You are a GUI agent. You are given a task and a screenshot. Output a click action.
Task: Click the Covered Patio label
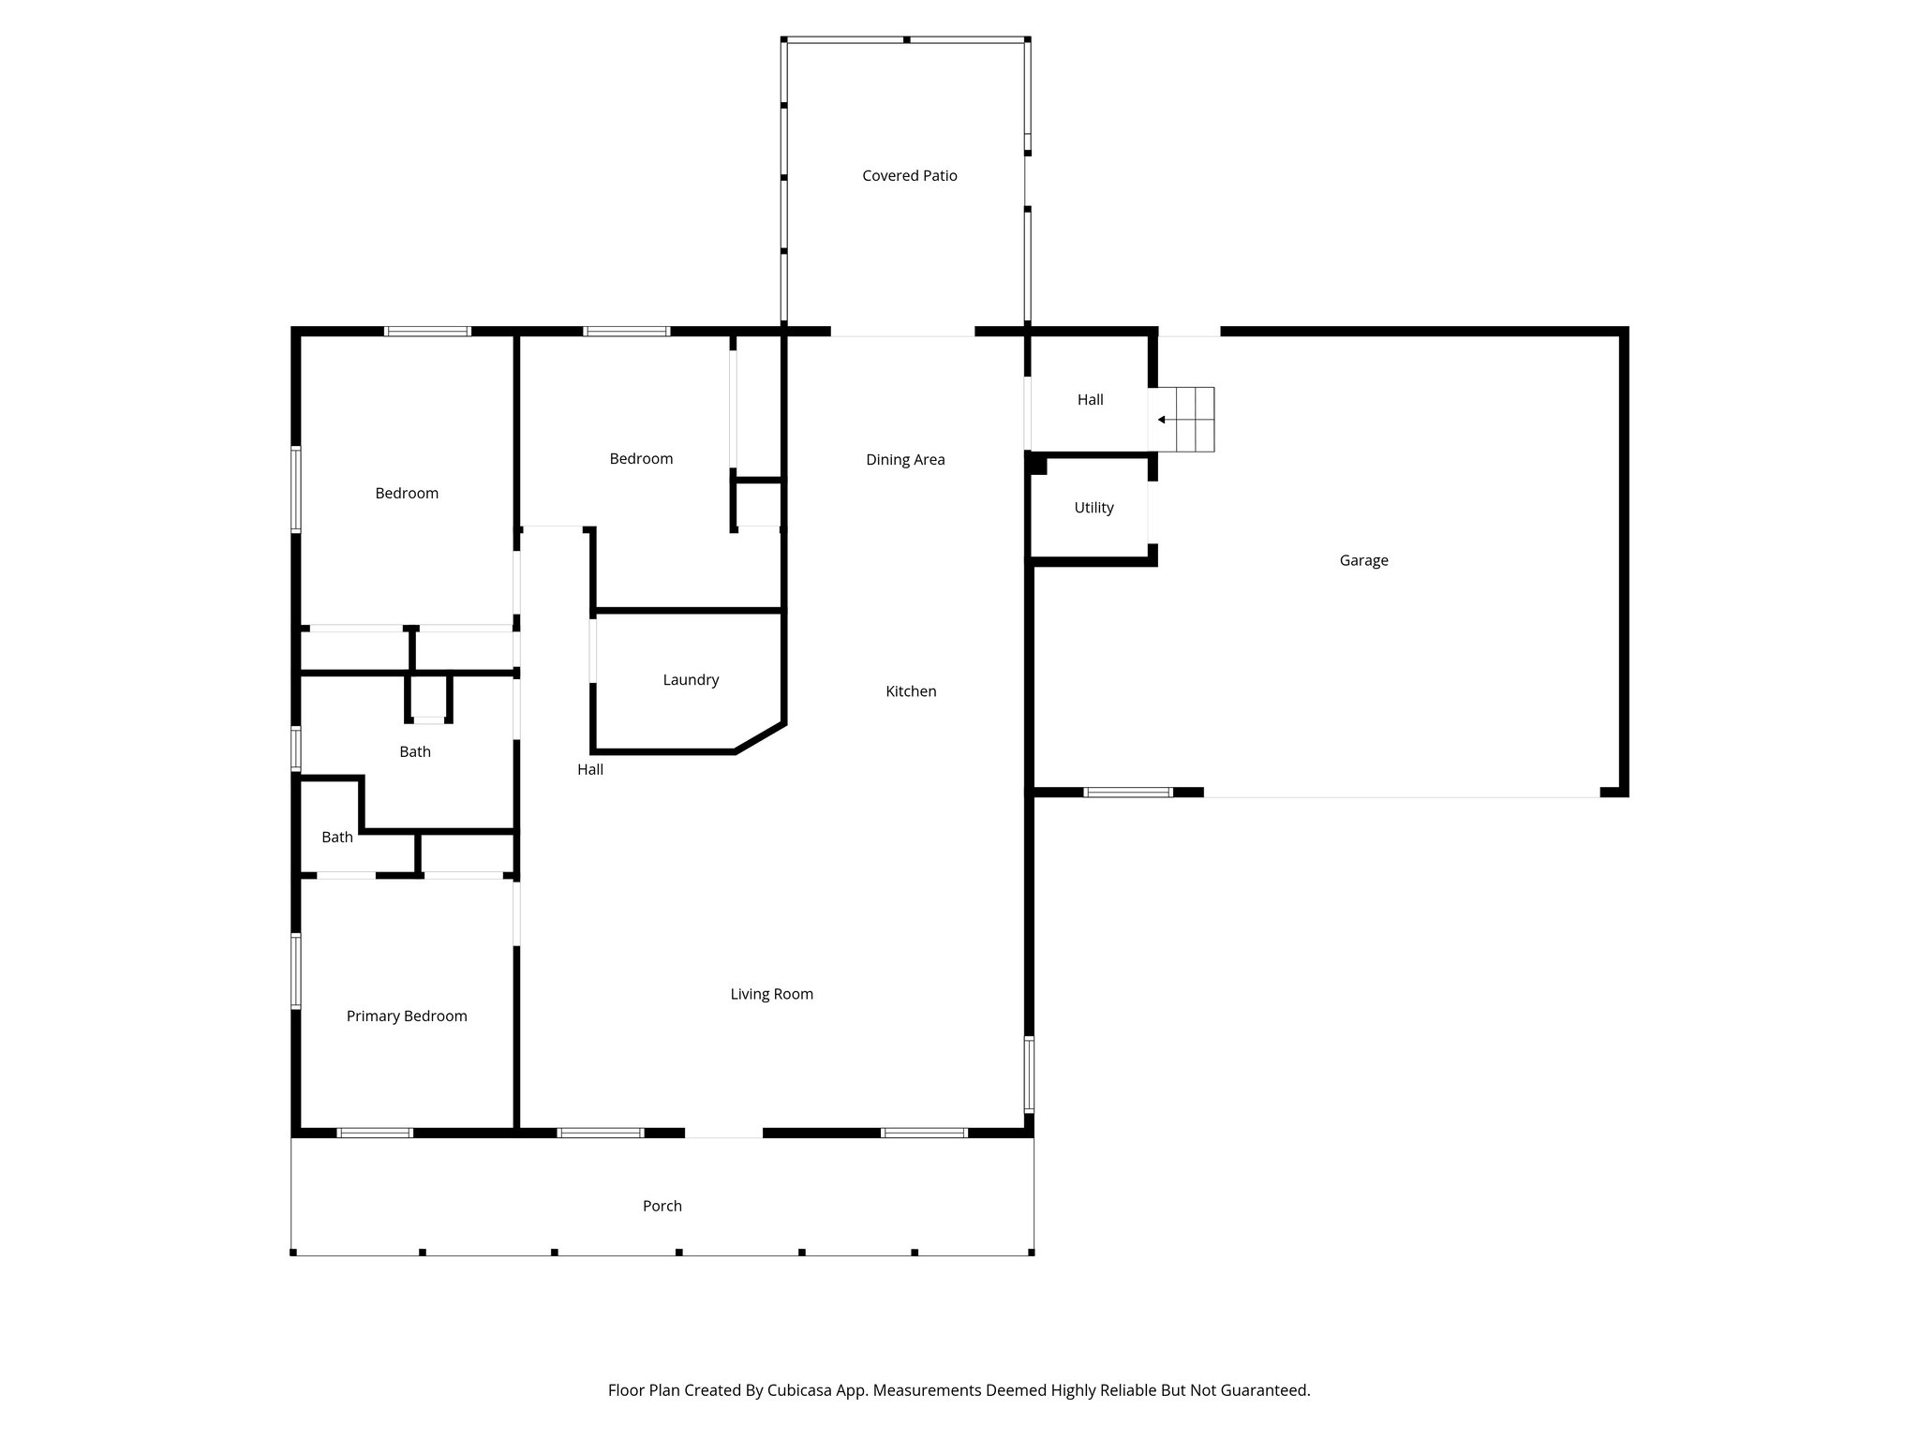pyautogui.click(x=909, y=176)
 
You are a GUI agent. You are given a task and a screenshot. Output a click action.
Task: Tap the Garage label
pyautogui.click(x=1363, y=561)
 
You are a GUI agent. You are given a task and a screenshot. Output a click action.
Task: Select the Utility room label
pyautogui.click(x=1093, y=509)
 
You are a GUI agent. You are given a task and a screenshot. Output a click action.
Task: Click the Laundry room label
pyautogui.click(x=691, y=680)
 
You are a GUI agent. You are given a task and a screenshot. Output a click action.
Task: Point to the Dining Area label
pyautogui.click(x=905, y=460)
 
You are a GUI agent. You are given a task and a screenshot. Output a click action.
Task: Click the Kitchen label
pyautogui.click(x=911, y=691)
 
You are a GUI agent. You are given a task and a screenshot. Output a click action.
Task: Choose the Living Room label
pyautogui.click(x=771, y=995)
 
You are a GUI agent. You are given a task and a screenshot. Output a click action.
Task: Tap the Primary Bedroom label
pyautogui.click(x=407, y=1016)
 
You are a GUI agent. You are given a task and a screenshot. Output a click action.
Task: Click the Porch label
pyautogui.click(x=662, y=1207)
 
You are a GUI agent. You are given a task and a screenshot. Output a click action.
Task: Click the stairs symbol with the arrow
pyautogui.click(x=1186, y=420)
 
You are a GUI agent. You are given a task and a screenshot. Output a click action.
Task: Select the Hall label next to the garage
pyautogui.click(x=1090, y=400)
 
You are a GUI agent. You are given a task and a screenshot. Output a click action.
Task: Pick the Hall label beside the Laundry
pyautogui.click(x=590, y=770)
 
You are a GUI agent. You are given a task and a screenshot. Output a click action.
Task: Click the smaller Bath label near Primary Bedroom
pyautogui.click(x=337, y=838)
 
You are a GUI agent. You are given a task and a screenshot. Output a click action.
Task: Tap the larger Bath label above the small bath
pyautogui.click(x=415, y=752)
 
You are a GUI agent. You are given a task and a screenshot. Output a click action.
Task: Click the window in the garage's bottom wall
pyautogui.click(x=1127, y=793)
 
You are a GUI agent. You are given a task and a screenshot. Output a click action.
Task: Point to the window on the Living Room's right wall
pyautogui.click(x=1029, y=1074)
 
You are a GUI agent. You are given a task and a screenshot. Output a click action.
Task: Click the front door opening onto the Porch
pyautogui.click(x=723, y=1134)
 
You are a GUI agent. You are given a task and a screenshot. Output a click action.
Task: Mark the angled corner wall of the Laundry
pyautogui.click(x=760, y=737)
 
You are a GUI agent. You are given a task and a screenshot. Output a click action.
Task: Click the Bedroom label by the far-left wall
pyautogui.click(x=407, y=494)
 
